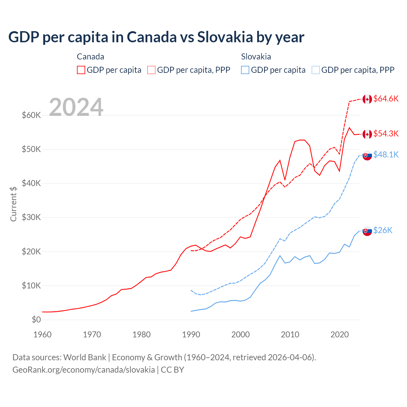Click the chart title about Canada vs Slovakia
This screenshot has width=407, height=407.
pos(156,37)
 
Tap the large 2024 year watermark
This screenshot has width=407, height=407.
pos(76,107)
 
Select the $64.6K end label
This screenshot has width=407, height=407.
pos(386,99)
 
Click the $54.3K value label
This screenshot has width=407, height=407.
pos(386,134)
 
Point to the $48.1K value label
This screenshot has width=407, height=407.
pos(386,155)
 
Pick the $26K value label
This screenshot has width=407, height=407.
pos(383,230)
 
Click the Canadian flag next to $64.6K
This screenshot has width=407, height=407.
pos(367,99)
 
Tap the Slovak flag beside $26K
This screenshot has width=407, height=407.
pos(367,231)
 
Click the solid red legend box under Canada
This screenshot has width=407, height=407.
pos(81,70)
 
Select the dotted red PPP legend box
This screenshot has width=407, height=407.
pos(151,70)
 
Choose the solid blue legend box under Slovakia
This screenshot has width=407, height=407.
pos(245,70)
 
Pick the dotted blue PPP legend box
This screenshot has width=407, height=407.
pos(316,70)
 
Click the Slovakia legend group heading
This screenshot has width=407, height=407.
pos(256,57)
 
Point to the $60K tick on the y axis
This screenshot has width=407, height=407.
pos(31,115)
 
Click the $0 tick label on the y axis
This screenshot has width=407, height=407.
pos(36,320)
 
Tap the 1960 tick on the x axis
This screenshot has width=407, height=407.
pos(42,335)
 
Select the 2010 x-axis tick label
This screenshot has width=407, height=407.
pos(290,335)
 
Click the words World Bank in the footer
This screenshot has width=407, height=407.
pos(85,357)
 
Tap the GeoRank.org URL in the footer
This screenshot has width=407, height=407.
pos(84,370)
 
